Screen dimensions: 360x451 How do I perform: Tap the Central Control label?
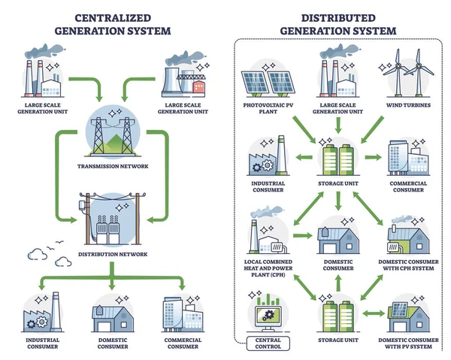point(264,343)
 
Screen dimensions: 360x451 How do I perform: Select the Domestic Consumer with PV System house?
point(407,314)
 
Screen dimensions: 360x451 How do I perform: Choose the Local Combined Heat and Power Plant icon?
point(264,237)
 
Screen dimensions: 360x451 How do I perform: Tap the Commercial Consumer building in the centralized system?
point(183,316)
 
